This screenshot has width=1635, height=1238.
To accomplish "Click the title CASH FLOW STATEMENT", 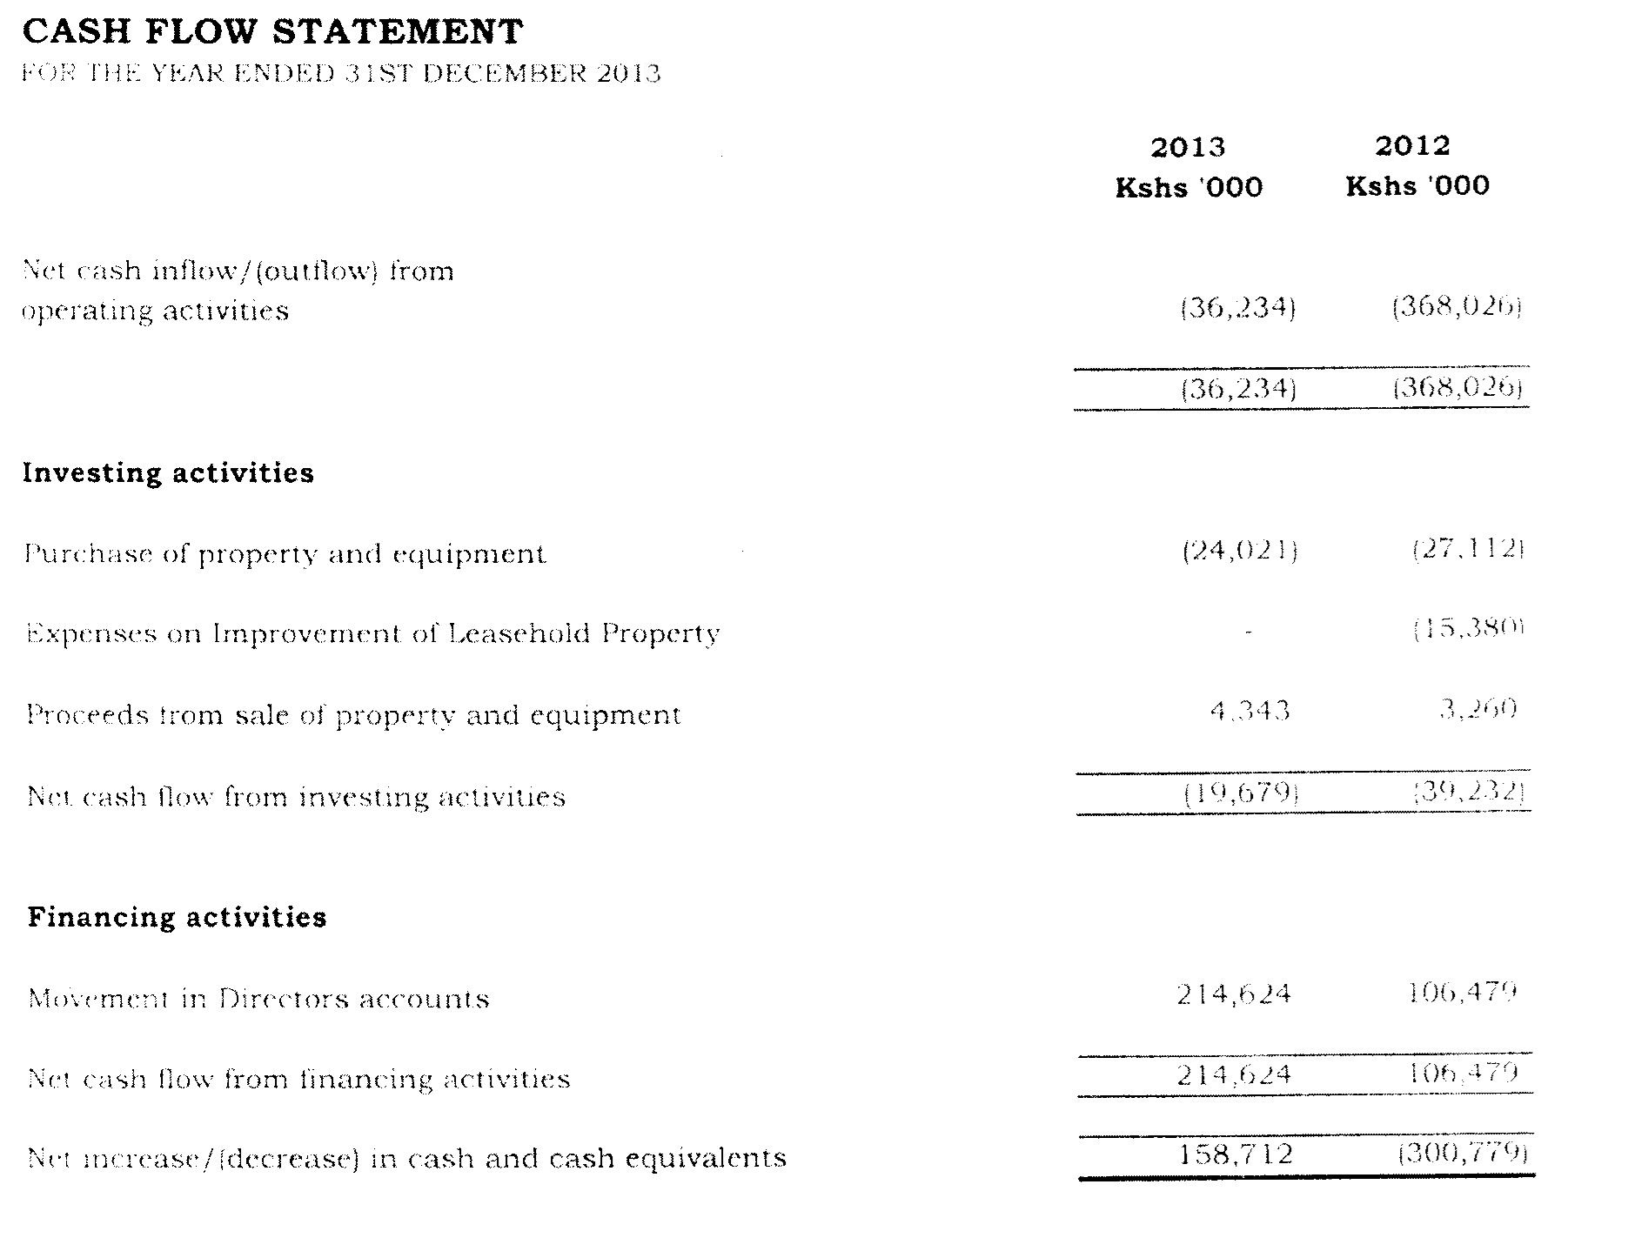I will pos(272,32).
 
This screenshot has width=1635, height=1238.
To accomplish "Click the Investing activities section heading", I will pos(168,472).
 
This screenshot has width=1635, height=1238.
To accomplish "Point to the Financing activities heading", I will pos(177,917).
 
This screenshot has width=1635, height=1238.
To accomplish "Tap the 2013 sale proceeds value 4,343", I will pos(1250,712).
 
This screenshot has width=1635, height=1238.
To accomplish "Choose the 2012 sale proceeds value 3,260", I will pos(1478,710).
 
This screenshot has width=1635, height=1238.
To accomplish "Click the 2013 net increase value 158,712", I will pos(1236,1154).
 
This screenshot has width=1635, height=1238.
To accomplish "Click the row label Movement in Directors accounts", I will pos(258,998).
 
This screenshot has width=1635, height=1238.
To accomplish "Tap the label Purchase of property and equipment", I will pos(285,554).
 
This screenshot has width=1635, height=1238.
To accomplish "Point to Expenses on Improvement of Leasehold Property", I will pos(373,633).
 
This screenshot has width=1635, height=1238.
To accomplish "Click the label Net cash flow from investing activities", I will pos(297,797).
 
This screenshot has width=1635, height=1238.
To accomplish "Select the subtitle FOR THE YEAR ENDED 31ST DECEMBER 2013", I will pos(340,73).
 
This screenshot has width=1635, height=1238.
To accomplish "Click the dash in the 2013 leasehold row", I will pos(1248,632).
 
